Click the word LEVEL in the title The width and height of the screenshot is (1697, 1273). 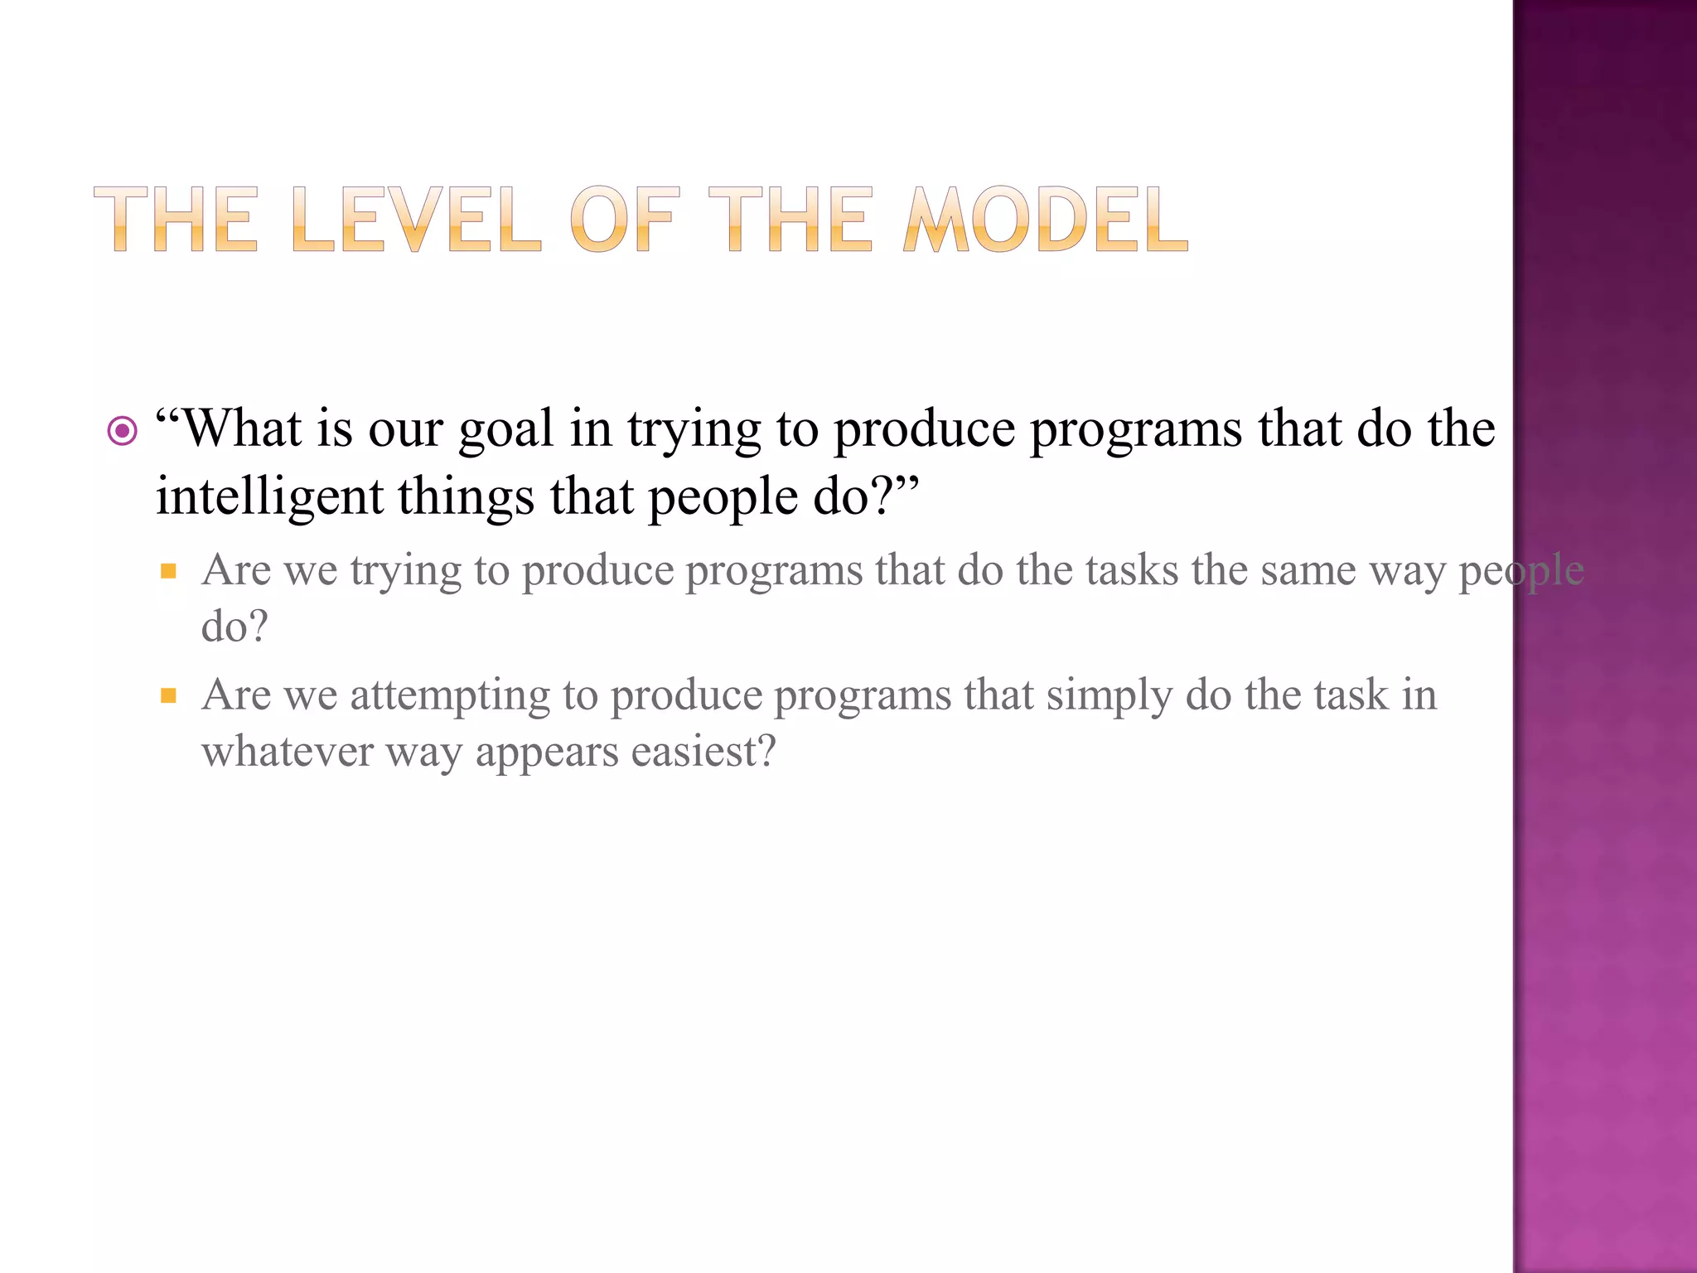coord(416,220)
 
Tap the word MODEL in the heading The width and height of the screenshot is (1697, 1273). coord(1046,220)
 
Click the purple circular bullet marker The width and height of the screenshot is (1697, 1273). coord(123,431)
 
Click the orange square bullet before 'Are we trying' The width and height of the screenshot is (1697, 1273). coord(169,570)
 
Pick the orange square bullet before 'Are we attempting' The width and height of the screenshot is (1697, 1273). coord(169,695)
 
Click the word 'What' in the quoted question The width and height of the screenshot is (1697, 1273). coord(240,429)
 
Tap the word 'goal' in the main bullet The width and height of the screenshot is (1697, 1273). coord(505,431)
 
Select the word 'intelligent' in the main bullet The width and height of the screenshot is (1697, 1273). coord(269,497)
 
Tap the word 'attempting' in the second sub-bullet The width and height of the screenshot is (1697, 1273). coord(450,696)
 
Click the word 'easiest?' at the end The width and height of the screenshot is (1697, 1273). coord(703,752)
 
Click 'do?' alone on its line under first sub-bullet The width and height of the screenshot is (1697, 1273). coord(234,627)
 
